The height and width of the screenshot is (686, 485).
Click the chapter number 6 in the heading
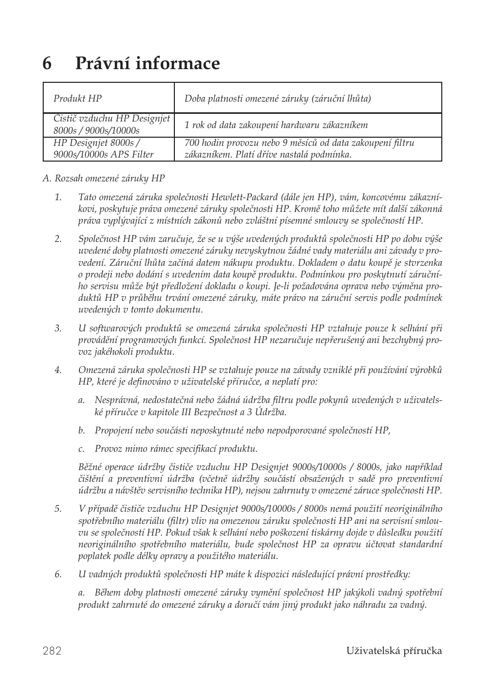point(47,64)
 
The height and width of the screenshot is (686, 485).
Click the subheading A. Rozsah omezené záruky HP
point(104,178)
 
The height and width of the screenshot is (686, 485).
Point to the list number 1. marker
point(58,197)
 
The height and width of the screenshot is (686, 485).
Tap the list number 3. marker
point(58,328)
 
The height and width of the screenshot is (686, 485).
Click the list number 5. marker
point(58,509)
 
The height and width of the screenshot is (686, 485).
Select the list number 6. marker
point(58,574)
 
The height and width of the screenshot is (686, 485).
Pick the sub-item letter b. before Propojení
point(81,430)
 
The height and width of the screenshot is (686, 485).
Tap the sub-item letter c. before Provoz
point(81,449)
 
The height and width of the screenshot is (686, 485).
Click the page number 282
point(52,651)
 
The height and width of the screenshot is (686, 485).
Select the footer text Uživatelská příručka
point(395,651)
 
